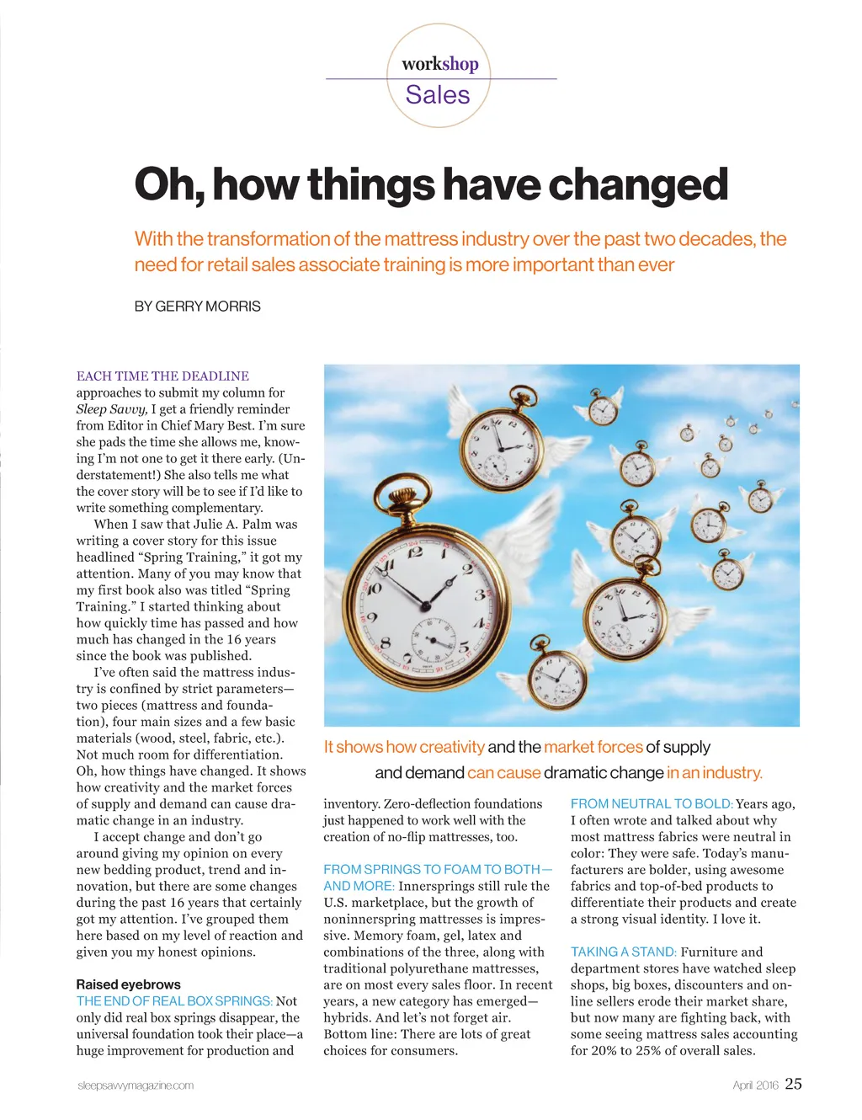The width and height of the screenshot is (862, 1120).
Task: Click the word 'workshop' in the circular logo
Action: [x=439, y=64]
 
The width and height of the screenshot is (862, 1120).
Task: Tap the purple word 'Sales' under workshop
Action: [x=438, y=95]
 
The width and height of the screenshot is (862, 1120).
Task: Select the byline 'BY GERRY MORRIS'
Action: [x=198, y=307]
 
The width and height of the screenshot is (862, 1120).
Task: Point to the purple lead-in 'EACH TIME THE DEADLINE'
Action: [x=162, y=376]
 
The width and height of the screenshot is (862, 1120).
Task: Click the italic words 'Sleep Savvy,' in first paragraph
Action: [x=112, y=409]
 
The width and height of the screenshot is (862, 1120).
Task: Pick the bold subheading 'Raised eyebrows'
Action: [x=128, y=984]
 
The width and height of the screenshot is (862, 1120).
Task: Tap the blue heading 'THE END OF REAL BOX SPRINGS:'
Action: [x=174, y=1001]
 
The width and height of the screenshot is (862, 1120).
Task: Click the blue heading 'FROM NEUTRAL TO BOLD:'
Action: [x=652, y=804]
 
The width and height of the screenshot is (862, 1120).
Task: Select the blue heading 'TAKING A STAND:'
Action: [x=623, y=952]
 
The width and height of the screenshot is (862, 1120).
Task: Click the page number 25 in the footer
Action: [x=793, y=1084]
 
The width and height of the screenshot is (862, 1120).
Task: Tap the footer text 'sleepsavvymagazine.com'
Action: [x=136, y=1085]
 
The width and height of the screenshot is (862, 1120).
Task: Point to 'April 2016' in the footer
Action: [x=755, y=1085]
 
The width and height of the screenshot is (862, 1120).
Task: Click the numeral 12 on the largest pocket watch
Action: [x=415, y=552]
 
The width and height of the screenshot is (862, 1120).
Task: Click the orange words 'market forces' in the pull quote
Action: [x=593, y=747]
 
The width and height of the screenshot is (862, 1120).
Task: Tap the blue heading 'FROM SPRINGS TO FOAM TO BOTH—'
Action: [x=438, y=869]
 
